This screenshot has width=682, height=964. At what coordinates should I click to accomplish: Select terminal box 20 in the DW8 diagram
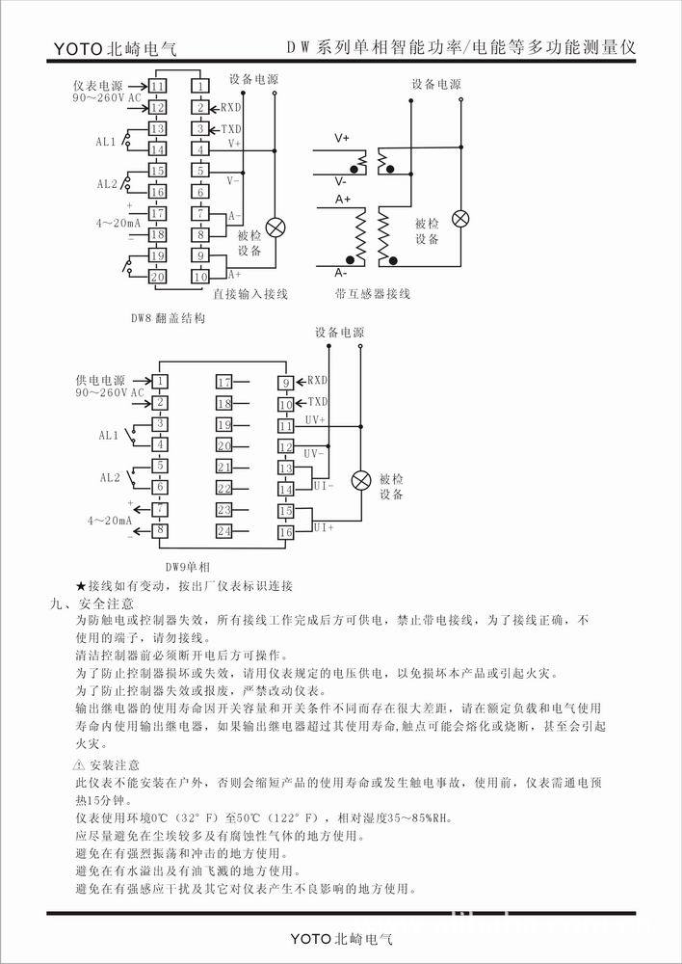[157, 277]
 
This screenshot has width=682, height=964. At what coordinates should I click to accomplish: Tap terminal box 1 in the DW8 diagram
[199, 88]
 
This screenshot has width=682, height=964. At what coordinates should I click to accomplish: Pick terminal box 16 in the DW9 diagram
[286, 531]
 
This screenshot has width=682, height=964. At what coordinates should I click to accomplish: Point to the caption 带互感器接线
[373, 294]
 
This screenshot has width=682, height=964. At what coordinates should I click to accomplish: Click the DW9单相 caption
[192, 568]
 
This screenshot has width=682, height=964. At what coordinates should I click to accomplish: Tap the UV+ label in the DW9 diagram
[315, 420]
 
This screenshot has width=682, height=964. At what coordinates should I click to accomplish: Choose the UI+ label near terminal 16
[323, 526]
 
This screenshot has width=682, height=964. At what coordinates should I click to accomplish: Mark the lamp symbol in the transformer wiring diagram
[461, 218]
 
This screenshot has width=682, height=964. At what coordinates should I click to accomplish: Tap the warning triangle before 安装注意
[80, 763]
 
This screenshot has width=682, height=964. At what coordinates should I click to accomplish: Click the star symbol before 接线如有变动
[81, 586]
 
